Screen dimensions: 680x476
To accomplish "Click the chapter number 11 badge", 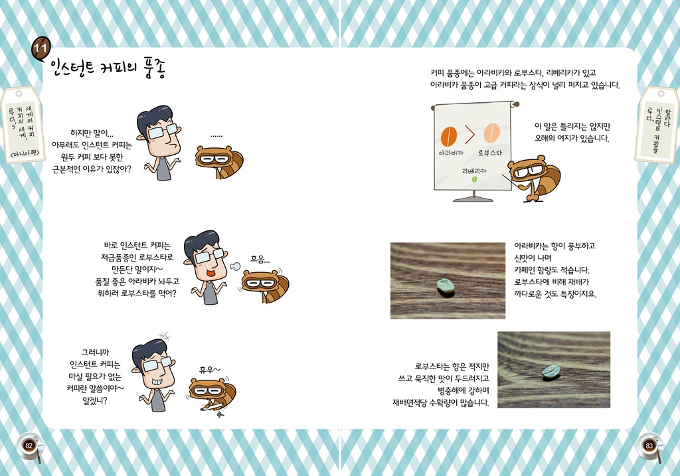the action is point(41,47).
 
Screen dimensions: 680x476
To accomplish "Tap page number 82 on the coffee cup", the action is point(29,445).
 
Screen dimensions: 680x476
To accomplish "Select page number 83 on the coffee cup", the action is point(649,445).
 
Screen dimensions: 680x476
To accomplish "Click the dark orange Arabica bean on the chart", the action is point(449,136).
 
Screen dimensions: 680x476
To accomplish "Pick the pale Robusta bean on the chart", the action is point(492,133).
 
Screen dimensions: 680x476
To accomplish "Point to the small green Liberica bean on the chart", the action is point(474,179).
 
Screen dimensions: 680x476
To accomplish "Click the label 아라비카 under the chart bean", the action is point(451,153).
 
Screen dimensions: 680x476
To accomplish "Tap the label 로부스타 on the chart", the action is point(490,153).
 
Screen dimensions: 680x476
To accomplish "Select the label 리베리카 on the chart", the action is point(474,171).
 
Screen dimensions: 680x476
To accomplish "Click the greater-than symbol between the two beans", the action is point(470,134).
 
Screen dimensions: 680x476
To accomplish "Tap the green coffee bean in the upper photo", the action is point(446,285).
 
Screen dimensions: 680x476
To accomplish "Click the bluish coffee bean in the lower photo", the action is point(551,372).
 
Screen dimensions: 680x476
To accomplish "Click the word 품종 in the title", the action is point(154,68).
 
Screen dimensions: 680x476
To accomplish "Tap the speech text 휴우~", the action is point(209,369).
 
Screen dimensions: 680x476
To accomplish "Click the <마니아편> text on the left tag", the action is point(25,153).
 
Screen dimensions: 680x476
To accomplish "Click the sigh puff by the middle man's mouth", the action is point(235,266).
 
